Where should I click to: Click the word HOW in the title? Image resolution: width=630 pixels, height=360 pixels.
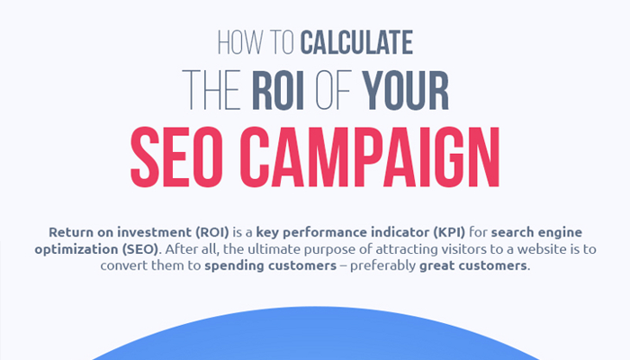pos(240,42)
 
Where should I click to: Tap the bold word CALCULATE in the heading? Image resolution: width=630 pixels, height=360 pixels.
pos(356,42)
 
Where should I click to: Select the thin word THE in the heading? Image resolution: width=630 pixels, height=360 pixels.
pos(211,90)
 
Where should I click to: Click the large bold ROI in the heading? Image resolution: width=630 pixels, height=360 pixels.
pos(278,90)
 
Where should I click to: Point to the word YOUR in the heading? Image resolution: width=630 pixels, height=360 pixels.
pos(405,90)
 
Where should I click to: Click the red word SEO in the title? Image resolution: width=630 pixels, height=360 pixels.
pos(176,157)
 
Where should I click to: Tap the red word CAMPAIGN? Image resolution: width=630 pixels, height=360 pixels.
pos(370,157)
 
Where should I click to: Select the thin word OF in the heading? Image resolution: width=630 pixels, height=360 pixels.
pos(334,90)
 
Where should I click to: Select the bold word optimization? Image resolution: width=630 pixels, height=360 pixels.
pos(76,250)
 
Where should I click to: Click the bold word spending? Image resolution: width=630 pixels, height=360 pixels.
pos(234,266)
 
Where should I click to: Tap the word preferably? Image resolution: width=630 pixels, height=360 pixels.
pos(382,266)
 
